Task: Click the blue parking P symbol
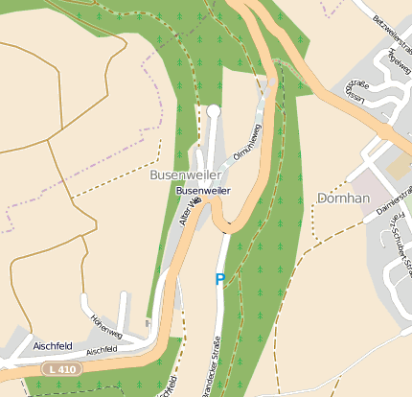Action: tap(219, 280)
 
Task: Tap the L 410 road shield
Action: tap(61, 368)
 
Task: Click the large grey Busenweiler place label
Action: tap(186, 175)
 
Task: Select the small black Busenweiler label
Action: tap(203, 191)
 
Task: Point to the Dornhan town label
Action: tap(343, 198)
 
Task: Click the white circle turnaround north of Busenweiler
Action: tap(214, 112)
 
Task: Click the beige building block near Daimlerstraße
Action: tap(395, 169)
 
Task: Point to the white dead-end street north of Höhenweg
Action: tap(123, 305)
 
